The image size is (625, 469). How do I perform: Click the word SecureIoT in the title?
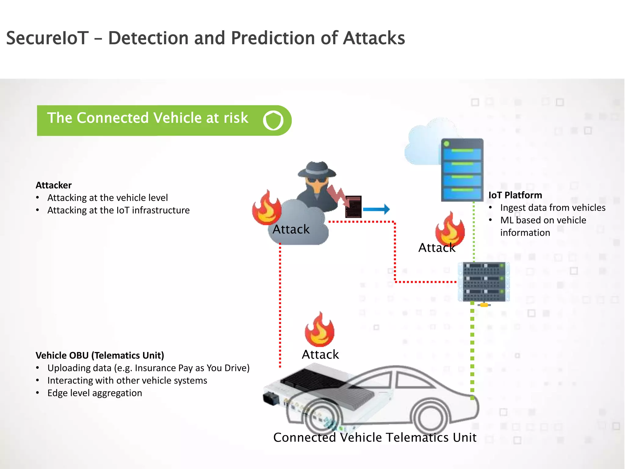[47, 38]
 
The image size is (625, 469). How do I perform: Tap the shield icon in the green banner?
[273, 120]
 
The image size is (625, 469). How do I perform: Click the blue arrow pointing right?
[376, 209]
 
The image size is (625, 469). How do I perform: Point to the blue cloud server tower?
[462, 169]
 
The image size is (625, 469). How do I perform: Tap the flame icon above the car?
[320, 330]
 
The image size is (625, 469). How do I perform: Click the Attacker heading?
[54, 185]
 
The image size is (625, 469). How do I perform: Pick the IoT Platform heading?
[515, 195]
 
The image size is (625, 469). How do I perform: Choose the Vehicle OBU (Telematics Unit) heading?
[100, 355]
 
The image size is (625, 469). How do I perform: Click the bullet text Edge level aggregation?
[95, 393]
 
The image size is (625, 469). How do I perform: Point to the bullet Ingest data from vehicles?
[553, 208]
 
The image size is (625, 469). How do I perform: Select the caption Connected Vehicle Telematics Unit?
[375, 438]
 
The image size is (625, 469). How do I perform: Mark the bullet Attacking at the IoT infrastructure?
[118, 210]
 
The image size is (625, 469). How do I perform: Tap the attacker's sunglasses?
[317, 180]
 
